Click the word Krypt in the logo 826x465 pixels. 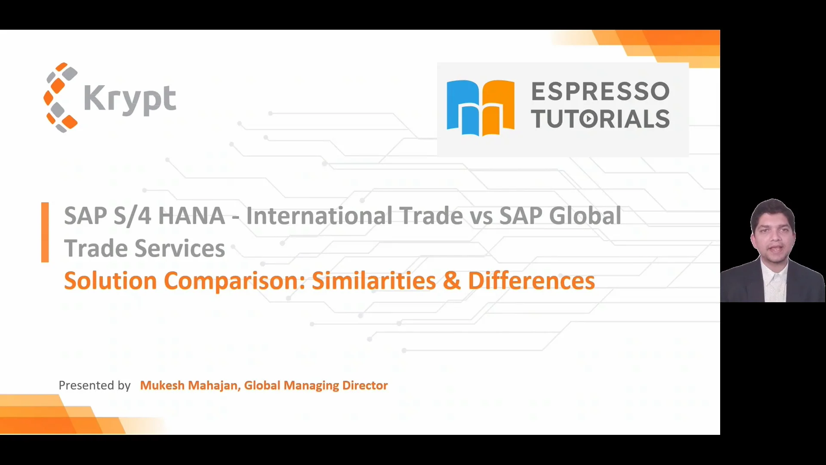130,99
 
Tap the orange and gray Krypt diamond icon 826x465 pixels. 61,97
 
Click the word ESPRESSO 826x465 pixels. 600,91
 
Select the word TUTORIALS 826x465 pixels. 600,119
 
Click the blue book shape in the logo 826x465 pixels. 463,108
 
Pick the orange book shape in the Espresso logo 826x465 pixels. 498,108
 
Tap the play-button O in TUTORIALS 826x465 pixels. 589,119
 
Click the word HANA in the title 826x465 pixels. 191,216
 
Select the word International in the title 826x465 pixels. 319,216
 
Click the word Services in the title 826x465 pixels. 180,248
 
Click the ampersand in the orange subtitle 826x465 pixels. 452,281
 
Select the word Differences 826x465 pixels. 531,281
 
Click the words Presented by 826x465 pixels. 95,385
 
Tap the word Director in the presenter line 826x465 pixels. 365,385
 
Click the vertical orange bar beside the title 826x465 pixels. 45,232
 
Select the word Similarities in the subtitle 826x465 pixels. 374,281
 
